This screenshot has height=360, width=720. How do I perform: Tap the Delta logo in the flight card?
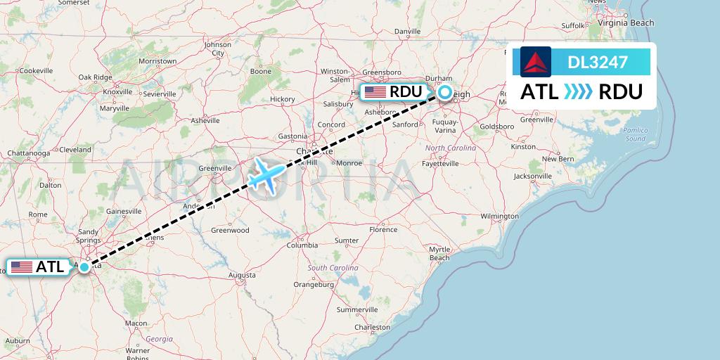pos(536,62)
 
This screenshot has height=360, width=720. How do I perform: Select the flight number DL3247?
pos(598,62)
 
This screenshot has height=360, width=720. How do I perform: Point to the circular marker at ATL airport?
pos(84,267)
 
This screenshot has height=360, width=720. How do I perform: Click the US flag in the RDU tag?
pos(375,92)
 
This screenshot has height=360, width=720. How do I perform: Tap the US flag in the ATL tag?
pos(22,267)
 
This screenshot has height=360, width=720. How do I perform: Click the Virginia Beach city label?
pos(626,22)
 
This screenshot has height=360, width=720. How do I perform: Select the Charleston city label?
pos(373,327)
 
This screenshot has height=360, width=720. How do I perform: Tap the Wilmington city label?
pos(500,216)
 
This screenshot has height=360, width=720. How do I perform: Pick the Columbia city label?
pos(302,245)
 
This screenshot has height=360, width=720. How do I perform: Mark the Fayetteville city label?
pos(440,163)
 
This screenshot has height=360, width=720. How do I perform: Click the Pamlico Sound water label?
pos(634,134)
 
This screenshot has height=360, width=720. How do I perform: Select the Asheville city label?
pos(205,120)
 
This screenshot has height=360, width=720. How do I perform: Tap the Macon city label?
pos(136,323)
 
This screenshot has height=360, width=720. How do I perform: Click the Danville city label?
pos(407,32)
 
